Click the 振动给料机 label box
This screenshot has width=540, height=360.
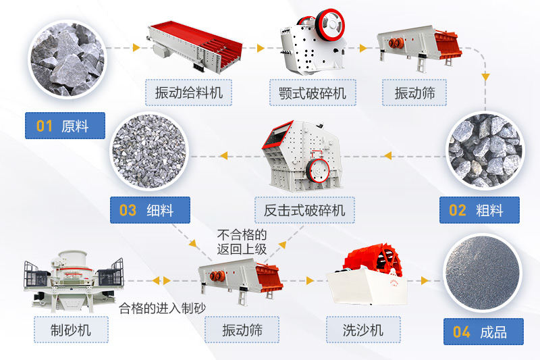click(188, 93)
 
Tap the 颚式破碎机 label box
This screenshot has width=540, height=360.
click(313, 93)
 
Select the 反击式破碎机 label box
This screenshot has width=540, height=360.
click(304, 210)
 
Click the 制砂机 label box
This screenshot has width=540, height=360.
click(71, 330)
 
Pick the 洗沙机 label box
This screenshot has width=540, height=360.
click(363, 330)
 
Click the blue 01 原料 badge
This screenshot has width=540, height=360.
click(65, 126)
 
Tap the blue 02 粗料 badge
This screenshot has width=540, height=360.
click(479, 210)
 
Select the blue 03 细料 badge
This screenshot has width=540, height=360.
click(150, 210)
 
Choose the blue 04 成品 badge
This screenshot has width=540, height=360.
click(483, 332)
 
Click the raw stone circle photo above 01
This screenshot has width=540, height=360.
click(67, 59)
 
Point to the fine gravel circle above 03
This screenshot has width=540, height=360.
click(149, 151)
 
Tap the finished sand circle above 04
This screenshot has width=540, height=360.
click(482, 273)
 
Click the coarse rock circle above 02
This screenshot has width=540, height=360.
click(485, 151)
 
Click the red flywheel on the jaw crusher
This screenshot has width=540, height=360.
click(329, 24)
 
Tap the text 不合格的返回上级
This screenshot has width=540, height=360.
click(242, 242)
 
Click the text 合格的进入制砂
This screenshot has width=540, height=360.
click(162, 308)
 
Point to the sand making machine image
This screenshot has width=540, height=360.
click(74, 281)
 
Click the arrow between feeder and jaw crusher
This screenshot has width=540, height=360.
click(261, 48)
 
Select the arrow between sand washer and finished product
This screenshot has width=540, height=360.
click(425, 281)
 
